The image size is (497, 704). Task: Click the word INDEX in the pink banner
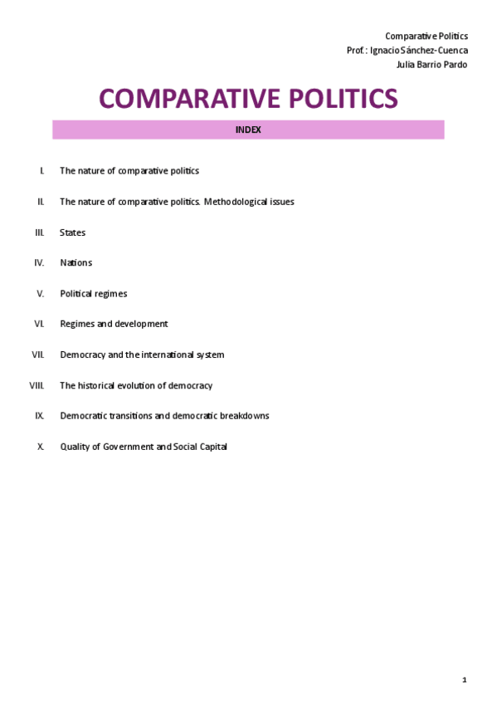click(x=248, y=130)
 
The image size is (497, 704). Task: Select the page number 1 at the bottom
click(x=465, y=680)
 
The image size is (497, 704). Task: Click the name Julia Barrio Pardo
click(x=433, y=65)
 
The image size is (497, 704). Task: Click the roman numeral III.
click(x=39, y=232)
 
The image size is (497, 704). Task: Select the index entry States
click(x=72, y=232)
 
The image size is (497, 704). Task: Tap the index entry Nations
click(x=76, y=263)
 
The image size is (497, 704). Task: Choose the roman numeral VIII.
click(x=37, y=385)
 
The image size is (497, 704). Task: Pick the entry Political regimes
click(x=93, y=294)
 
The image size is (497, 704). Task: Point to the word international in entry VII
click(x=169, y=354)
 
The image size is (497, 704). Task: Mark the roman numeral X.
click(x=41, y=447)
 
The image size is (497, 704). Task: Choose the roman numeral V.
click(x=41, y=294)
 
